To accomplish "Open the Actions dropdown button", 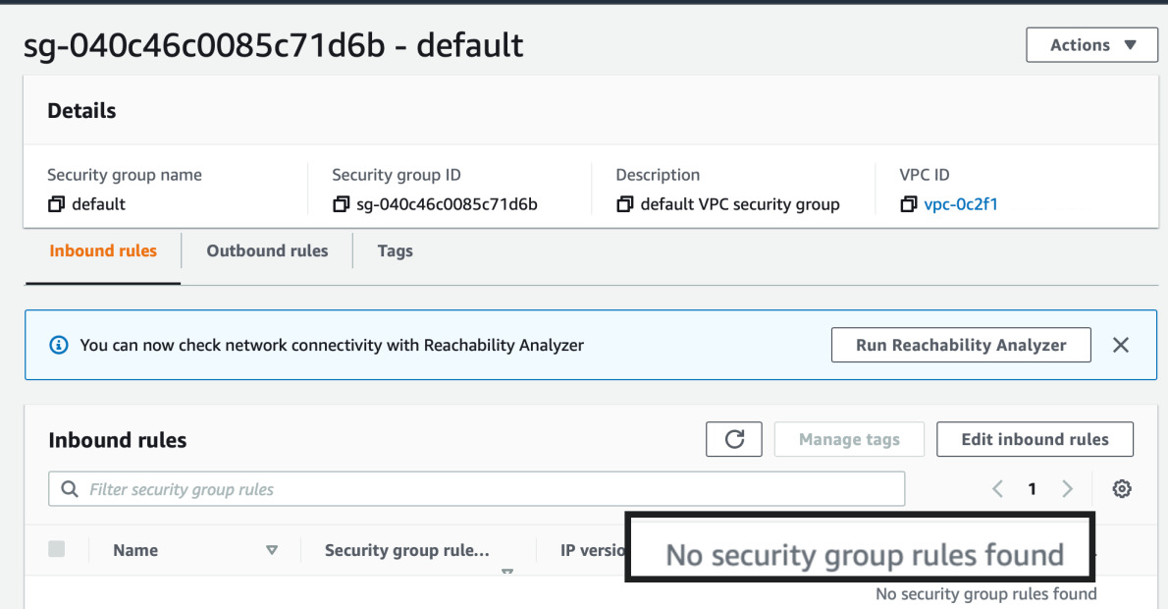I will [1091, 45].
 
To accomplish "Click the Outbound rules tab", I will [267, 250].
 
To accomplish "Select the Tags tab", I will [395, 250].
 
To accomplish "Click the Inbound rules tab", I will [103, 250].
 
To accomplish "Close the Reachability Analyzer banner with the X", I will [1121, 345].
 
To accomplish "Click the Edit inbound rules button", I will [1035, 439].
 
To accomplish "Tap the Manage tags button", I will [849, 439].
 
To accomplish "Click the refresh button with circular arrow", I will [734, 439].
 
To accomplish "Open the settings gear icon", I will [1122, 489].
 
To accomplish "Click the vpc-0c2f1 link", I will [961, 204].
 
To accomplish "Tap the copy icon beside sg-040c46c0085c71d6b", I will [341, 204].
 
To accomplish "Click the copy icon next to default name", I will [56, 204].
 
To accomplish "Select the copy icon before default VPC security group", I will [625, 204].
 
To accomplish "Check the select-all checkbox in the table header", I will [57, 549].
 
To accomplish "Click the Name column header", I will [135, 550].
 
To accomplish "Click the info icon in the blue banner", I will [59, 345].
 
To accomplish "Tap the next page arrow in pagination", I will [1068, 489].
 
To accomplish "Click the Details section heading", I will [81, 111].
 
